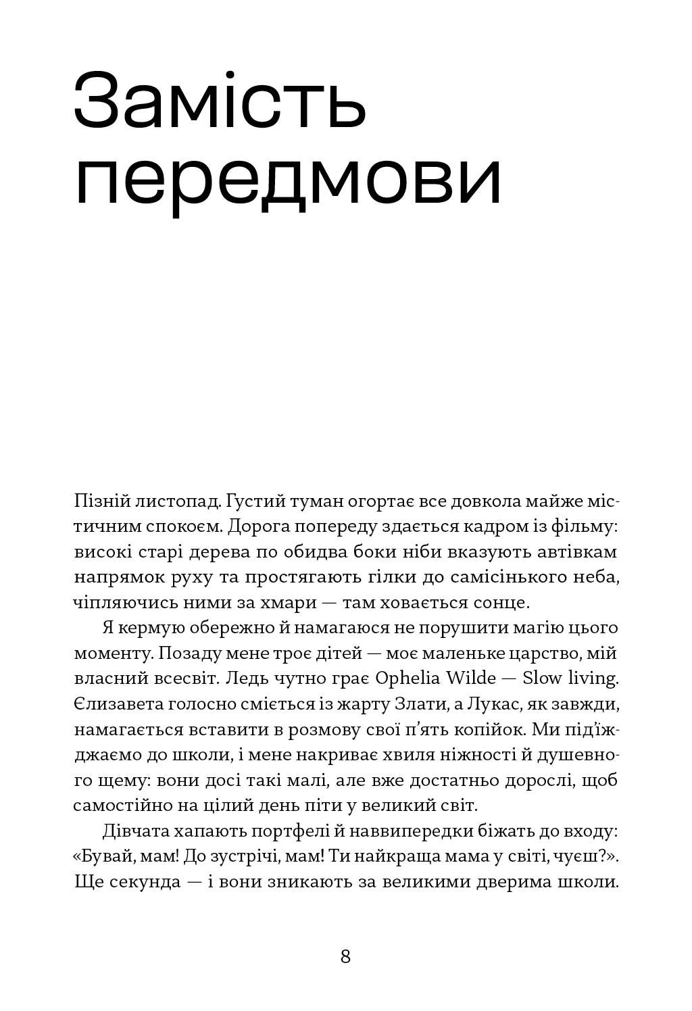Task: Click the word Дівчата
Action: coord(133,831)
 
